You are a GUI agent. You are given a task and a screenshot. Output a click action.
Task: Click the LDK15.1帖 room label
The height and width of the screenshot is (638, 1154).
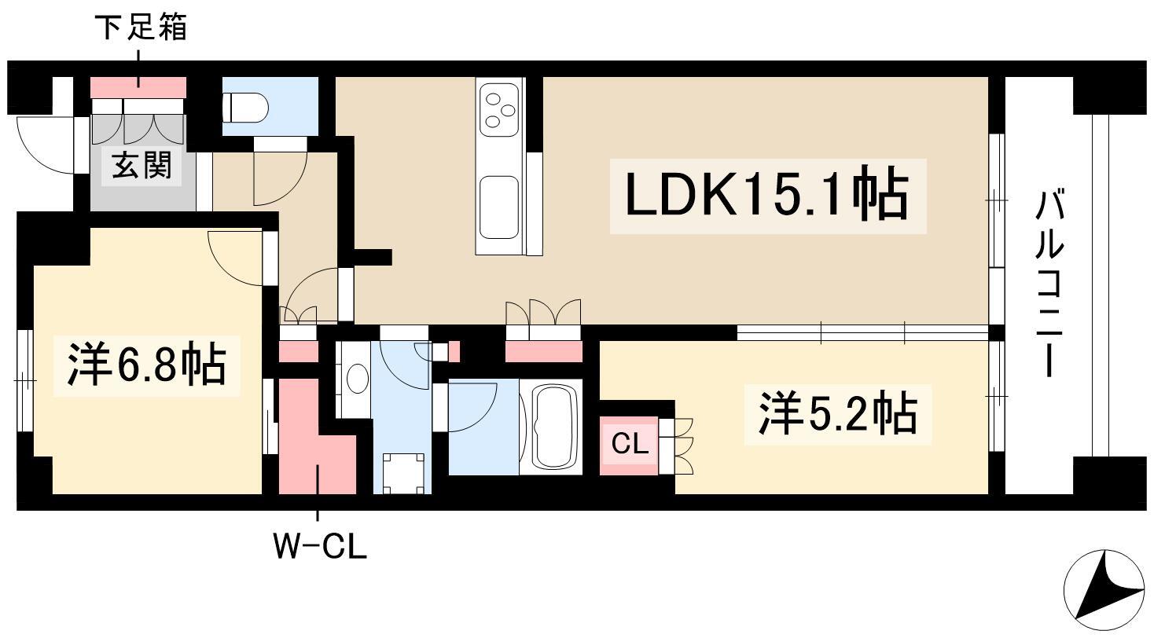[767, 196]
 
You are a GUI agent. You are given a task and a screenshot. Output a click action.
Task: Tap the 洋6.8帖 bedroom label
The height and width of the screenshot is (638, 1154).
[147, 365]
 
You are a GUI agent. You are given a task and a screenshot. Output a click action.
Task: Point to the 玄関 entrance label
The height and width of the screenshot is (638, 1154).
[141, 165]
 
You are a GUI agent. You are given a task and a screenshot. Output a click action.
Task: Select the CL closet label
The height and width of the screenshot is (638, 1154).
[629, 443]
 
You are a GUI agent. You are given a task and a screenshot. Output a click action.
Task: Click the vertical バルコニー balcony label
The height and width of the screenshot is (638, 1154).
[1050, 283]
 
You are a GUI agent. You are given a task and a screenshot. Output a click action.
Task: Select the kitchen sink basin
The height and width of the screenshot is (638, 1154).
[498, 207]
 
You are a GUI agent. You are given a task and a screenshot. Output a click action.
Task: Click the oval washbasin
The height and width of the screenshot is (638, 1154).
[358, 379]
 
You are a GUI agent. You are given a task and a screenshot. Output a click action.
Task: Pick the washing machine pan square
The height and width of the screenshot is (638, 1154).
[403, 473]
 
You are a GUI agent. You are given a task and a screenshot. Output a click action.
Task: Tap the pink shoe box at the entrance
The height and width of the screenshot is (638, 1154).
[138, 87]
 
